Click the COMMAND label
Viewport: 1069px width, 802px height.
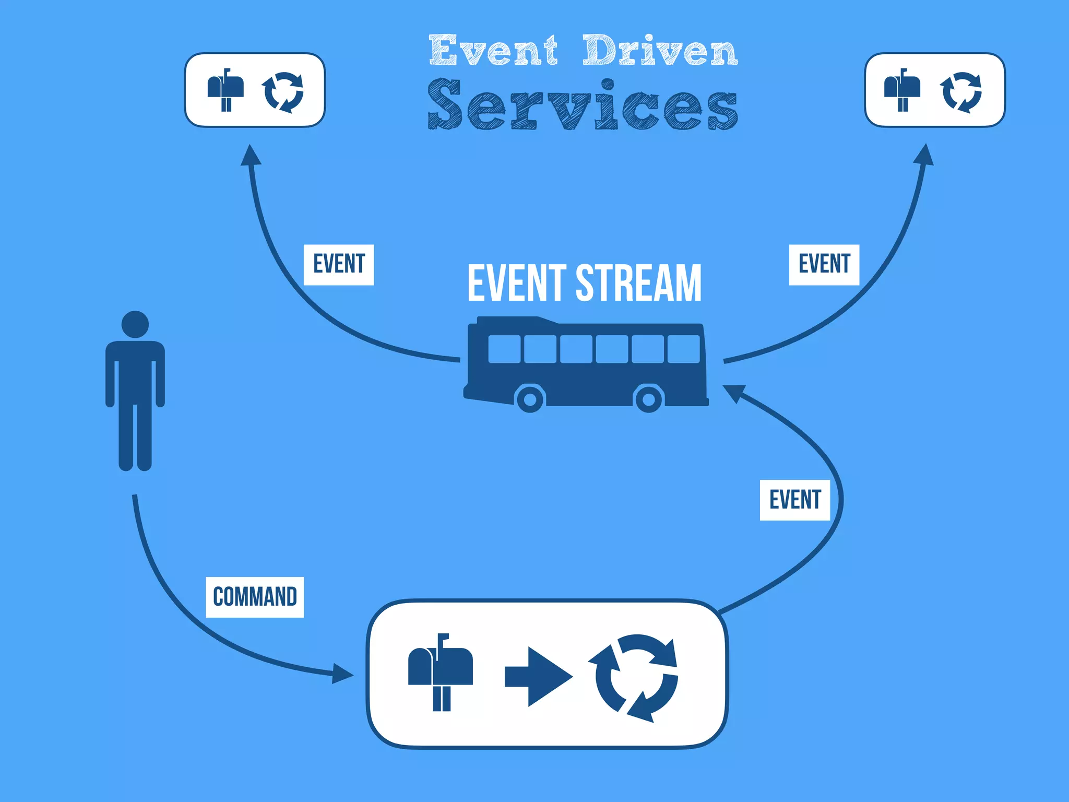(x=255, y=597)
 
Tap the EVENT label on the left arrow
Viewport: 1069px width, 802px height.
(x=339, y=264)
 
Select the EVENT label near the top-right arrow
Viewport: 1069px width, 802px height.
(x=824, y=264)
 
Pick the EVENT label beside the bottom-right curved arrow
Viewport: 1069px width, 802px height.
(x=794, y=500)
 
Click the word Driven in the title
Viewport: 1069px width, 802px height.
(x=660, y=51)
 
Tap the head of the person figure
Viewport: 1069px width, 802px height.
(x=135, y=325)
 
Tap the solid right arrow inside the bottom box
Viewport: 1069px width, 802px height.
(x=538, y=677)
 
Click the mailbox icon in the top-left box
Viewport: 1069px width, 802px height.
(x=225, y=89)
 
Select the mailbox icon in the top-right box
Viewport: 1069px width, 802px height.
(x=902, y=89)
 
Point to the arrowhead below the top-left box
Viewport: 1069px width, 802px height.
(x=251, y=156)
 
